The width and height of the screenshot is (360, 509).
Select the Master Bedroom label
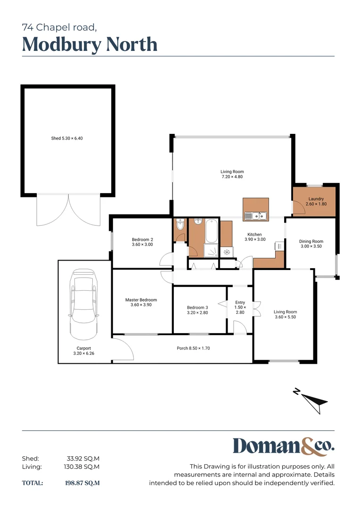coord(141,302)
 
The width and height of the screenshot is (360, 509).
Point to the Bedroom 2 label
coord(142,242)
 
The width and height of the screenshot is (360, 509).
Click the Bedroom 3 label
coord(197,310)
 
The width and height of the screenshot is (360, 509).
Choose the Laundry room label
coord(316,201)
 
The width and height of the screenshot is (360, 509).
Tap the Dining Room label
coord(311,244)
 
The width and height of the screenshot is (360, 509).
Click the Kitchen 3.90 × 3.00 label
coord(255,237)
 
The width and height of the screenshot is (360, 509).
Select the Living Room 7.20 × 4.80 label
coord(232,174)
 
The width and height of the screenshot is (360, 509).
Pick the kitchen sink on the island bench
coord(256,216)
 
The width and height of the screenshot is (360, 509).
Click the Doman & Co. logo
coord(283,446)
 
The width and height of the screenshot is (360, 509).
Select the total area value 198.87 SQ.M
coord(82,483)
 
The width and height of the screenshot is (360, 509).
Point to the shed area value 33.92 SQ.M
coord(83,458)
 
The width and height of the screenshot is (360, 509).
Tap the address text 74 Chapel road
coord(59,27)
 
